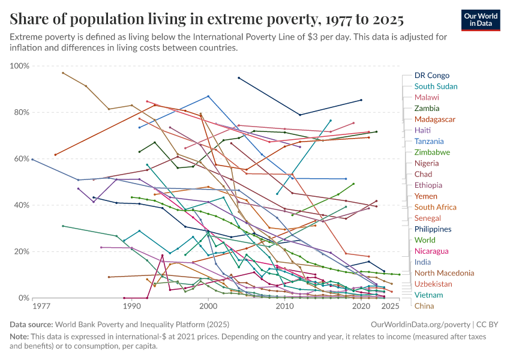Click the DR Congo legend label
[431, 76]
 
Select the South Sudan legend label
[436, 86]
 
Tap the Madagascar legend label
[434, 119]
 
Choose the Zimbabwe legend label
[432, 152]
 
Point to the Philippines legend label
[433, 229]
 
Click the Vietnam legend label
[428, 295]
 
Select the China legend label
[424, 306]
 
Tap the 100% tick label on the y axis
[19, 66]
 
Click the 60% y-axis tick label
[21, 159]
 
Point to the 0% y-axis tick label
[23, 298]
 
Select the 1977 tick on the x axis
[41, 307]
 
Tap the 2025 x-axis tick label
[391, 307]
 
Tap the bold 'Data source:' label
[33, 324]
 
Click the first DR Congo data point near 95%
[239, 78]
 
